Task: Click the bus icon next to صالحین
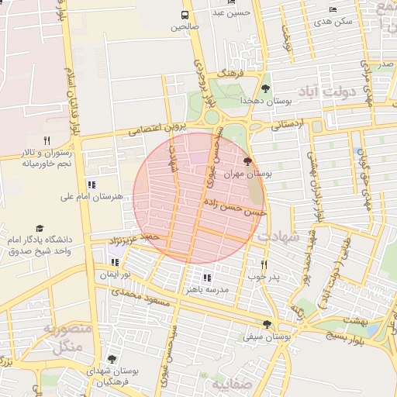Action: pyautogui.click(x=185, y=15)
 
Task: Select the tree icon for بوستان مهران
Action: pyautogui.click(x=247, y=162)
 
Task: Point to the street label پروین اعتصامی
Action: pyautogui.click(x=158, y=126)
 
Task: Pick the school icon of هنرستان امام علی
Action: pyautogui.click(x=92, y=185)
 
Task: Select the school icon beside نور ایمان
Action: pyautogui.click(x=115, y=262)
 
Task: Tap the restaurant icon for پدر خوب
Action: pyautogui.click(x=264, y=264)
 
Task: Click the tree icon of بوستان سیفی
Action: pyautogui.click(x=268, y=325)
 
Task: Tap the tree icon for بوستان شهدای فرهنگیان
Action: pyautogui.click(x=112, y=359)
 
